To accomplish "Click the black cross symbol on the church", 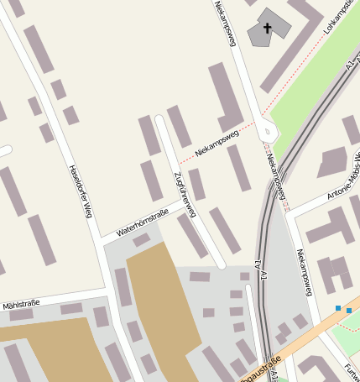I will pos(268,28).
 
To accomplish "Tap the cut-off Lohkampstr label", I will pos(339,18).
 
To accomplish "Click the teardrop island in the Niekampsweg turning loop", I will pos(268,130).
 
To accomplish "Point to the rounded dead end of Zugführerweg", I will pos(159,118).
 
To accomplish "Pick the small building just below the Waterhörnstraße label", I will pos(141,240).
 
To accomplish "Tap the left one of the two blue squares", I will pos(337,308).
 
